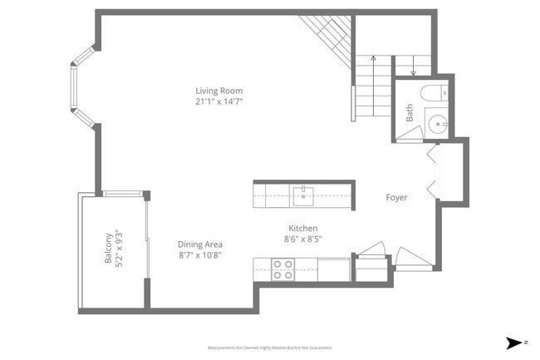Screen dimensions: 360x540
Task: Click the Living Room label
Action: click(x=219, y=91)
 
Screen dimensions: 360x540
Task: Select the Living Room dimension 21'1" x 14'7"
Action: click(x=219, y=101)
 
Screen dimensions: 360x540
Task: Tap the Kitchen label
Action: click(x=302, y=228)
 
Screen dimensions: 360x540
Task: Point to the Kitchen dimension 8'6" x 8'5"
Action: click(x=303, y=239)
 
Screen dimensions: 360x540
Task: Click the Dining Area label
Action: click(x=199, y=244)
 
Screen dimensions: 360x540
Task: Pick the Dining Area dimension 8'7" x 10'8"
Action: click(x=199, y=255)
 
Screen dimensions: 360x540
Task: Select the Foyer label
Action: click(x=396, y=197)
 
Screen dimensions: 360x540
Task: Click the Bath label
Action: click(x=410, y=113)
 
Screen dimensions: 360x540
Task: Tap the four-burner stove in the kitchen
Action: click(x=282, y=269)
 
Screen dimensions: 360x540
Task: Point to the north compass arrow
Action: click(x=514, y=342)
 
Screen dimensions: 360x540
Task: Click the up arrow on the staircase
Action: click(x=373, y=61)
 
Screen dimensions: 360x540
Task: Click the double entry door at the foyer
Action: click(x=433, y=171)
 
